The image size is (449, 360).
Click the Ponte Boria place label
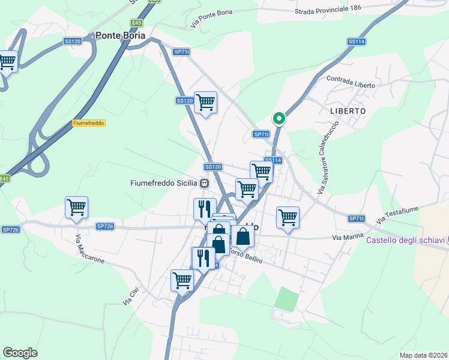(120, 36)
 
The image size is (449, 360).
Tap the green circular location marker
(279, 119)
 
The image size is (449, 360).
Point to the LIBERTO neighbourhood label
(348, 111)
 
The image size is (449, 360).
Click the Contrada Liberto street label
(351, 83)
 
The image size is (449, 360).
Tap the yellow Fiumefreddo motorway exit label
(89, 123)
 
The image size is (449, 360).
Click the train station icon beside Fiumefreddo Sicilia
(205, 183)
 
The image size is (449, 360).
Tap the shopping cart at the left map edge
(7, 61)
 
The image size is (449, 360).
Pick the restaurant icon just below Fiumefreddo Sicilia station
(204, 209)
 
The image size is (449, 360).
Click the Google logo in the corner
(20, 352)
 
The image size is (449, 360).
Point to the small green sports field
(287, 299)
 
